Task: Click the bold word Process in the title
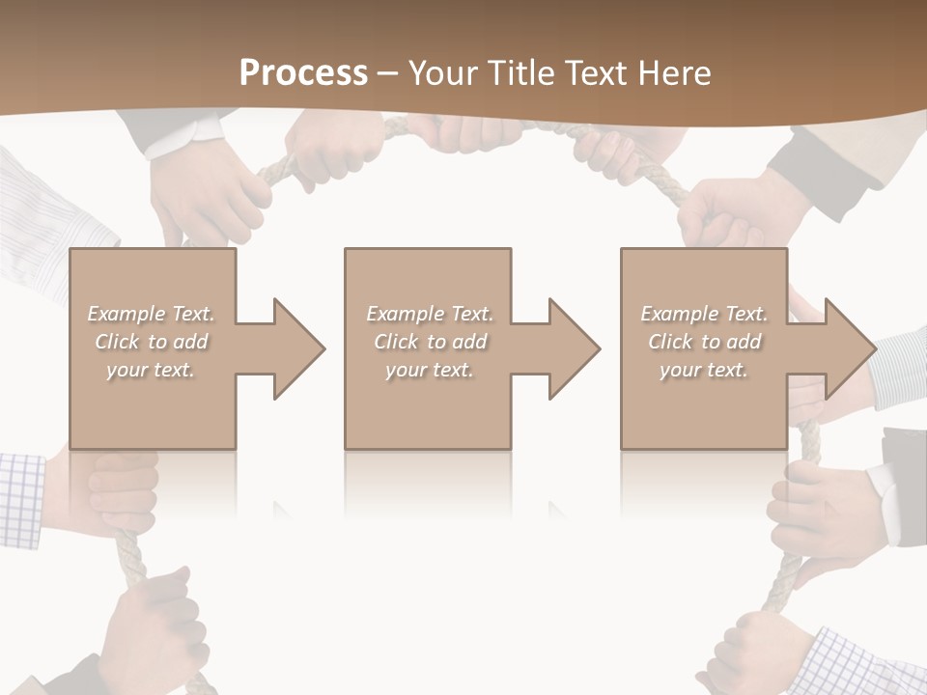[303, 73]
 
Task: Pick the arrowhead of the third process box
[847, 348]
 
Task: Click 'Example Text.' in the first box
[152, 314]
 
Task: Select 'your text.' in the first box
[152, 370]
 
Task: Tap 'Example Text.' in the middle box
[430, 314]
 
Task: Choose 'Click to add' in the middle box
[430, 342]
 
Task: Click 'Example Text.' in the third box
[704, 314]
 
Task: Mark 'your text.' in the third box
[704, 370]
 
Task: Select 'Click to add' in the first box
[152, 342]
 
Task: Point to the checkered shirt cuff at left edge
[21, 497]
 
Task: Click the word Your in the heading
[443, 73]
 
